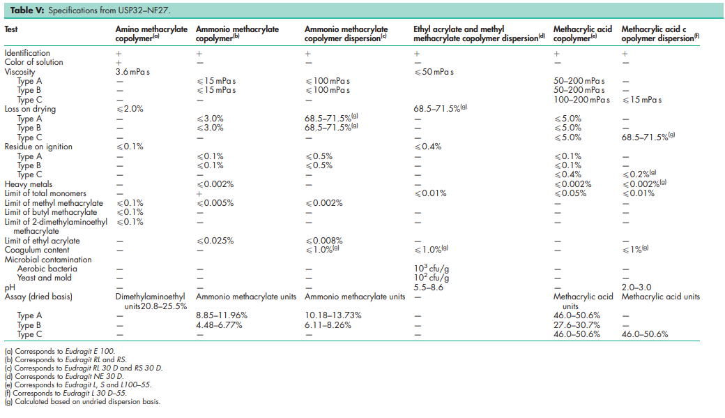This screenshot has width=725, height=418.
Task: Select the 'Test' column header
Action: point(12,29)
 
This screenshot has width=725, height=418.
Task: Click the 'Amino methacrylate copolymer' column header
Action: point(151,33)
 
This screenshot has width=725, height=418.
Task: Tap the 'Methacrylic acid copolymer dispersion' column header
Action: point(659,33)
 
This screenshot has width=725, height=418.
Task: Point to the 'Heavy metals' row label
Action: point(29,184)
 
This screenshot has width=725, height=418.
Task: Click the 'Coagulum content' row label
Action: point(37,250)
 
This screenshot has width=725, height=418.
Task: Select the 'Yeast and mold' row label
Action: point(44,278)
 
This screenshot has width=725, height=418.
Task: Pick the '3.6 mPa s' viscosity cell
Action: point(133,72)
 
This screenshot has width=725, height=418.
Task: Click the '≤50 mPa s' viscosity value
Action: point(434,72)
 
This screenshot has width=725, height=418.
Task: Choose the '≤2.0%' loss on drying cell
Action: point(129,110)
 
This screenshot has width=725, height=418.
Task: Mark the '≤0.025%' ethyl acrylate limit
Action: point(215,241)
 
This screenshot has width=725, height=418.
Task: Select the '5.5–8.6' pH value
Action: point(428,287)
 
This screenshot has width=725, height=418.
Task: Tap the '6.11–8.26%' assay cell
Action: point(328,324)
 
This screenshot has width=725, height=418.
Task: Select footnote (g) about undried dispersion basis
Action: point(82,402)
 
